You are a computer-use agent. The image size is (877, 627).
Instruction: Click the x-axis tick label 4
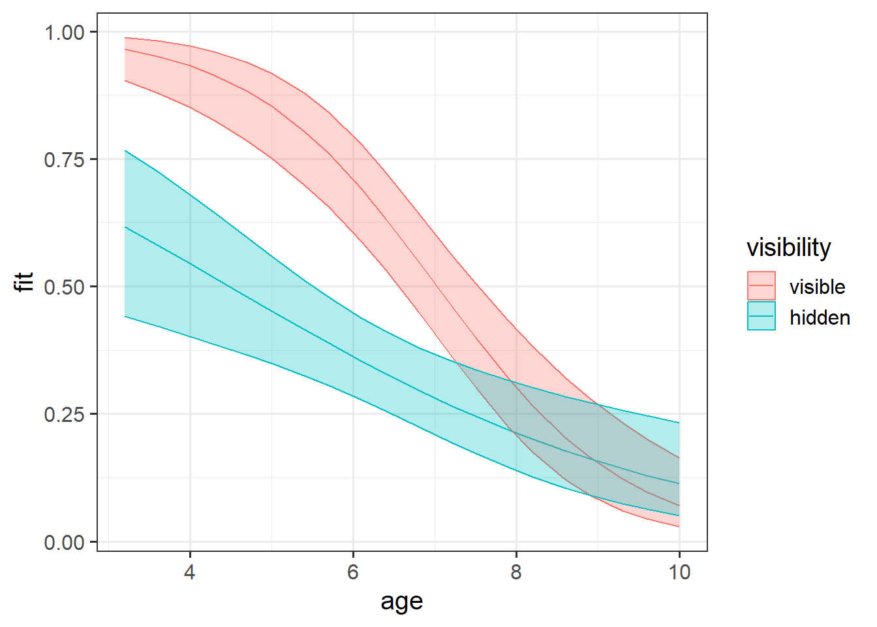pyautogui.click(x=190, y=573)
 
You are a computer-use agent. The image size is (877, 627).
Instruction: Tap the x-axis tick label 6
pyautogui.click(x=353, y=573)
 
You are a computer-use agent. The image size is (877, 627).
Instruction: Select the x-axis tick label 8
pyautogui.click(x=516, y=573)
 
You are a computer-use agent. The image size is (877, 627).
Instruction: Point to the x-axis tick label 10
pyautogui.click(x=679, y=573)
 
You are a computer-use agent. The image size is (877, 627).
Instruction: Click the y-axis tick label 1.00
pyautogui.click(x=65, y=32)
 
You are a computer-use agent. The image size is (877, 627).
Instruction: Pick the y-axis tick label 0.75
pyautogui.click(x=65, y=159)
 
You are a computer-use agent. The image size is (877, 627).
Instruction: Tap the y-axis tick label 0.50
pyautogui.click(x=65, y=287)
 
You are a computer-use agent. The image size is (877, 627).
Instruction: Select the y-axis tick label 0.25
pyautogui.click(x=65, y=414)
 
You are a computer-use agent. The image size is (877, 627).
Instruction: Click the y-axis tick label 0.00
pyautogui.click(x=65, y=542)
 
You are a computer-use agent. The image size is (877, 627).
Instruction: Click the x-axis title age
pyautogui.click(x=402, y=602)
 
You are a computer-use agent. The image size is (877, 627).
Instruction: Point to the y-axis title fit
pyautogui.click(x=25, y=281)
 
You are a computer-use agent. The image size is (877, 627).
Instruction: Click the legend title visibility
pyautogui.click(x=789, y=248)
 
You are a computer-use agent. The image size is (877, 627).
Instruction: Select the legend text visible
pyautogui.click(x=817, y=287)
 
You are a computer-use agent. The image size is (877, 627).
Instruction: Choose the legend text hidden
pyautogui.click(x=820, y=317)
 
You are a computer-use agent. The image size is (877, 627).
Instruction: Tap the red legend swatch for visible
pyautogui.click(x=762, y=286)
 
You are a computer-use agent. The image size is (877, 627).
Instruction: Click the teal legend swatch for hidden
pyautogui.click(x=762, y=316)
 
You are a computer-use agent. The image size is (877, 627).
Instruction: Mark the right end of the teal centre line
pyautogui.click(x=679, y=483)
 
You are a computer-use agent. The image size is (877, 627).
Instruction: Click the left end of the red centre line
pyautogui.click(x=125, y=49)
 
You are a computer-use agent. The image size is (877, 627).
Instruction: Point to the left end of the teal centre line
pyautogui.click(x=125, y=227)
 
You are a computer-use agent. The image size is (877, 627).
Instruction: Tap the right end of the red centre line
pyautogui.click(x=679, y=506)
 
